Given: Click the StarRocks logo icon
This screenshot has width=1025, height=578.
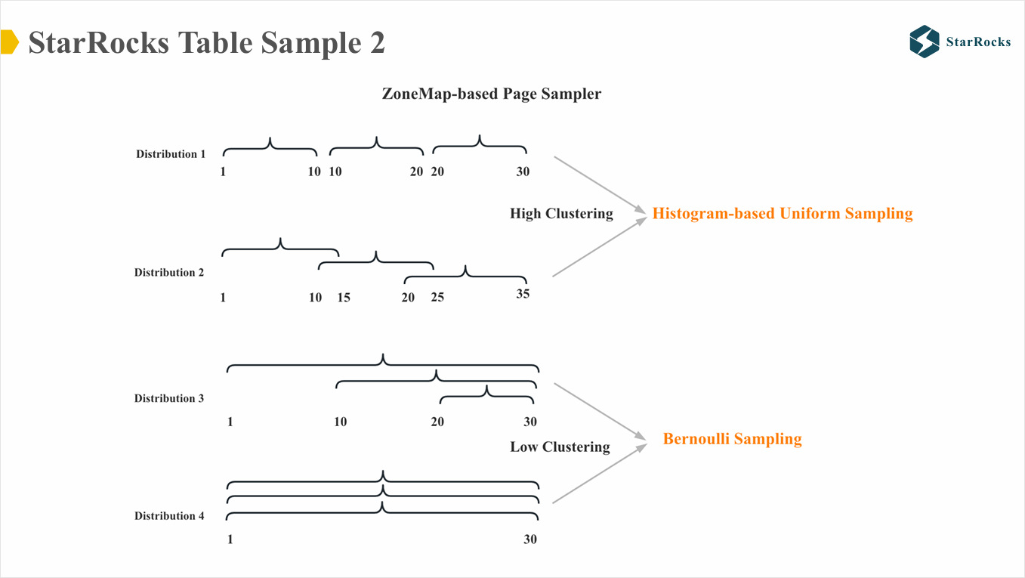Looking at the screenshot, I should click(924, 42).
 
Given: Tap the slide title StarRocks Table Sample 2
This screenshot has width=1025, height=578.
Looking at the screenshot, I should click(206, 42).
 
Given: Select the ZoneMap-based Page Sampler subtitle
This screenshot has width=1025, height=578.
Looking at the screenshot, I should click(492, 94).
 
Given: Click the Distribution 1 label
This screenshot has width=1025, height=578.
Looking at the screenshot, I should click(171, 154).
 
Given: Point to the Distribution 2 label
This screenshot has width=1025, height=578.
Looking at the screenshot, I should click(169, 273).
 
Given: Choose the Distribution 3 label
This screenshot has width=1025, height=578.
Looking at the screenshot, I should click(169, 398).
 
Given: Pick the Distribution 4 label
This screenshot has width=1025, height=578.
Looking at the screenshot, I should click(169, 516).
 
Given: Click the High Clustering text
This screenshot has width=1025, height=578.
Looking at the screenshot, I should click(561, 214).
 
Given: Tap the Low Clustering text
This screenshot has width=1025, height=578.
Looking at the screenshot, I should click(560, 447).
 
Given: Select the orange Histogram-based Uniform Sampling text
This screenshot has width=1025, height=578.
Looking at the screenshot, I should click(783, 214).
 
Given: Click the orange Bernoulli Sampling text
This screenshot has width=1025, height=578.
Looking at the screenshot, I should click(732, 439).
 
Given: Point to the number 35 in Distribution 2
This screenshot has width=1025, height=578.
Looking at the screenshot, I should click(523, 294).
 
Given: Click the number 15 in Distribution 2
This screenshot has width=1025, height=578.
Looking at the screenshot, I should click(344, 298).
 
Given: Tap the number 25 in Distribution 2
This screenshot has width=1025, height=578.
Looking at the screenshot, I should click(437, 298).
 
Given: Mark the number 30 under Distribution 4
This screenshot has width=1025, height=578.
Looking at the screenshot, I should click(530, 539).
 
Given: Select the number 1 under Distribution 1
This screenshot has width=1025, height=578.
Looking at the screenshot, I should click(223, 172).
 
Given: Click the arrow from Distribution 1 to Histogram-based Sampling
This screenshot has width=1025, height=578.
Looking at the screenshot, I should click(600, 184).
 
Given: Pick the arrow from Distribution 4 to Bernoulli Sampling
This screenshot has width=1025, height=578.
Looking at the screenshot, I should click(600, 474).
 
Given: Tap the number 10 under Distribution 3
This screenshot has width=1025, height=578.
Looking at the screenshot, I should click(341, 422).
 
